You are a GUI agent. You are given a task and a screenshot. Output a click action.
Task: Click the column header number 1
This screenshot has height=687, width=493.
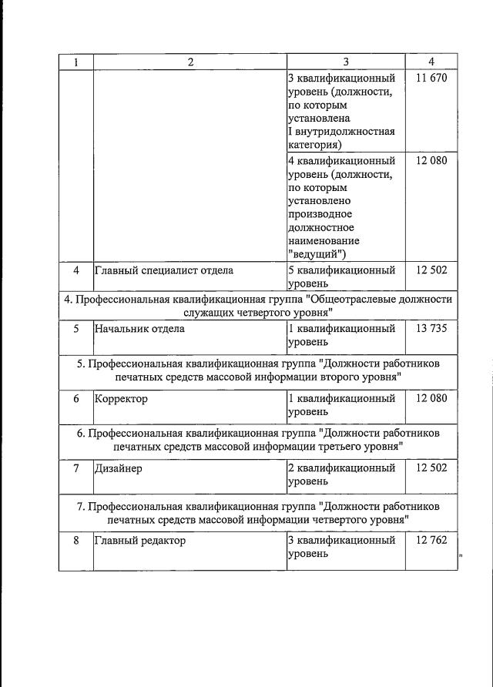(x=75, y=62)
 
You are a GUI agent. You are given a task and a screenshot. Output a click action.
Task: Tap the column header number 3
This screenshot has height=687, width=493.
(x=346, y=62)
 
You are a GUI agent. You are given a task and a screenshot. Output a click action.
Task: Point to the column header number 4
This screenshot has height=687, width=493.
(x=431, y=62)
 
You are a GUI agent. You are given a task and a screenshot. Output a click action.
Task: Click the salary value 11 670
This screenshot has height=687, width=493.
(x=431, y=78)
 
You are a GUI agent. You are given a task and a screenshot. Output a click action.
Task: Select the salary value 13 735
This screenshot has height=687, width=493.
(x=431, y=328)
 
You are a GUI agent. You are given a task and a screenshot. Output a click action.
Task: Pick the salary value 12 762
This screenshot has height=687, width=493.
(x=431, y=540)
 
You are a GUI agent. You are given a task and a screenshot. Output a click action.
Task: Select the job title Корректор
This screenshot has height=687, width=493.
(x=121, y=399)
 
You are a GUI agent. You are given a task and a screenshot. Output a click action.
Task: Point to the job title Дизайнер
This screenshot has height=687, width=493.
(x=119, y=468)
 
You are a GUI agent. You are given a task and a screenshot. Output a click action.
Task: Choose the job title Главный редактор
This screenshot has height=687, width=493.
(x=140, y=540)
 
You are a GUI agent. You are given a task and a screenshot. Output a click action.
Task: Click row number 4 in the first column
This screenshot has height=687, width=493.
(x=75, y=270)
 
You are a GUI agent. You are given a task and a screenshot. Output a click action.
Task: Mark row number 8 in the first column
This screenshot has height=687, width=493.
(x=75, y=540)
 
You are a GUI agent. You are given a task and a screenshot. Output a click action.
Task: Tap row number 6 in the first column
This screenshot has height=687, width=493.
(x=75, y=399)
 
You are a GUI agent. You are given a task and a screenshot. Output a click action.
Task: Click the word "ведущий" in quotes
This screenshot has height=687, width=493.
(x=317, y=253)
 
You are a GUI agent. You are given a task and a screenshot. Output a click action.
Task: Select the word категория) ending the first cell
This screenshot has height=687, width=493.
(x=315, y=144)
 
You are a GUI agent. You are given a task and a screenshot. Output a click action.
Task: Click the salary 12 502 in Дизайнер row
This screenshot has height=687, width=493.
(x=431, y=468)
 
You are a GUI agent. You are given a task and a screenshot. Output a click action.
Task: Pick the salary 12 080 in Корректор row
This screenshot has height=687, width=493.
(x=431, y=399)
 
